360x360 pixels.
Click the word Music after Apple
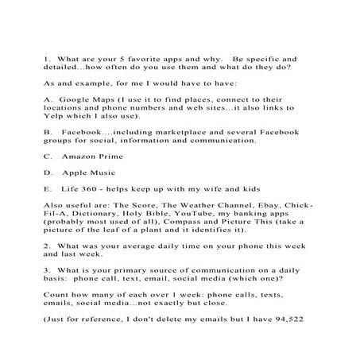click(108, 172)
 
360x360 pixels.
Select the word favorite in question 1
click(139, 57)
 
